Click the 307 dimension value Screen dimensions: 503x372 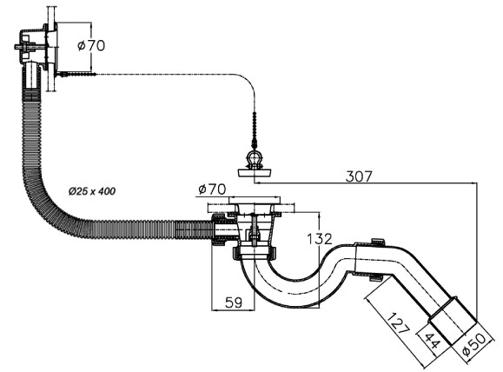click(359, 176)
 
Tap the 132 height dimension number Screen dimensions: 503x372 click(319, 239)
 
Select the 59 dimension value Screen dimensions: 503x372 click(234, 302)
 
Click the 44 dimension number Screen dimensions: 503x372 click(433, 341)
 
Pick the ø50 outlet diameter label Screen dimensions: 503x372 click(474, 344)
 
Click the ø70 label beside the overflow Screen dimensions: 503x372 click(91, 45)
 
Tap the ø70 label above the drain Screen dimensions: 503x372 click(212, 189)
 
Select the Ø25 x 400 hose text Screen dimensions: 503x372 click(92, 191)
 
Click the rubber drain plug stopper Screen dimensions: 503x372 click(255, 173)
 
